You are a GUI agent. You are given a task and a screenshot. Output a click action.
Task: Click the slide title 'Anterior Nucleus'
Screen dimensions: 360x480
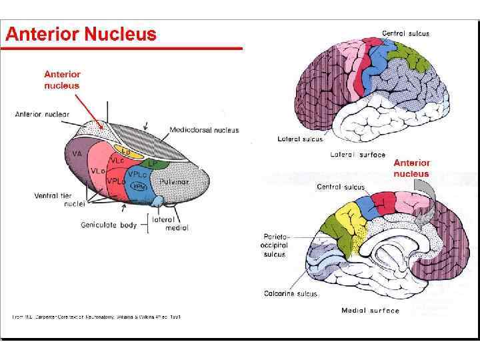coord(81,34)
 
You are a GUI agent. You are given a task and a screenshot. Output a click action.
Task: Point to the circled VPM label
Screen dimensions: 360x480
coord(138,187)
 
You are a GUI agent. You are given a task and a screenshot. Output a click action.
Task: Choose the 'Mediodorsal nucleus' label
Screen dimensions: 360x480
coord(204,130)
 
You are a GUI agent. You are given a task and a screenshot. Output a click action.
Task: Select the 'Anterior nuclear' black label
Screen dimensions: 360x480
coord(42,114)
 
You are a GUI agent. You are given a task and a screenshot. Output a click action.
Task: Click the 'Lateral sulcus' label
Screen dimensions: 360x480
coord(300,139)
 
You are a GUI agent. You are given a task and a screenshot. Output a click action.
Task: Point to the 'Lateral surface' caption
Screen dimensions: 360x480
coord(358,155)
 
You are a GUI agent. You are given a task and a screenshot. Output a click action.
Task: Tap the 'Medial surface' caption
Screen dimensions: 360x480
coord(371,311)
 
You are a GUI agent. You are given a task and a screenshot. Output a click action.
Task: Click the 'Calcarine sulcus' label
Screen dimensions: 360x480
coord(291,293)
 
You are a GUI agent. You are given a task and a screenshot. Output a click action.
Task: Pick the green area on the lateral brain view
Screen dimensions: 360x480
coord(414,57)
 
